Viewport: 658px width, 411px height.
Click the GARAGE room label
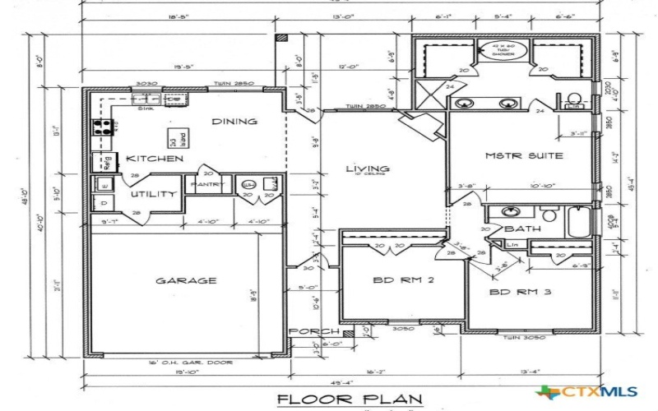point(186,281)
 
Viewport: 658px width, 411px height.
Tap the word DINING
point(234,122)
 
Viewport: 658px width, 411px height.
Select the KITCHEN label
point(154,158)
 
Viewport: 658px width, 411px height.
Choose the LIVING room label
point(367,169)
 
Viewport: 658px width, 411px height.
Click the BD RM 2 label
point(404,280)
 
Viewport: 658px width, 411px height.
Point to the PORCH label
point(313,331)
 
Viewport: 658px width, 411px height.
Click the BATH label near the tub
point(522,229)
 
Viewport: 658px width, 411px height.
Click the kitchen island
point(174,136)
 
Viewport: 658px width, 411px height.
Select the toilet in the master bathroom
point(574,102)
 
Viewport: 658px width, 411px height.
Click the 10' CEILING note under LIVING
point(367,176)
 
